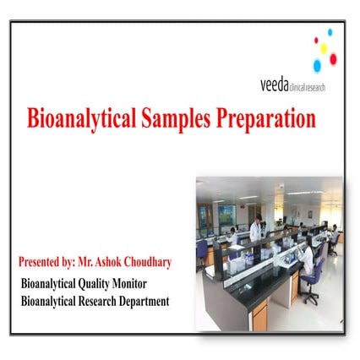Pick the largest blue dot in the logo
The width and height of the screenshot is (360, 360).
tap(317, 64)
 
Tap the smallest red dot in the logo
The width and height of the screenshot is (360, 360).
tap(315, 40)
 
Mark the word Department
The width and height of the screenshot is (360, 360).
tap(144, 301)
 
